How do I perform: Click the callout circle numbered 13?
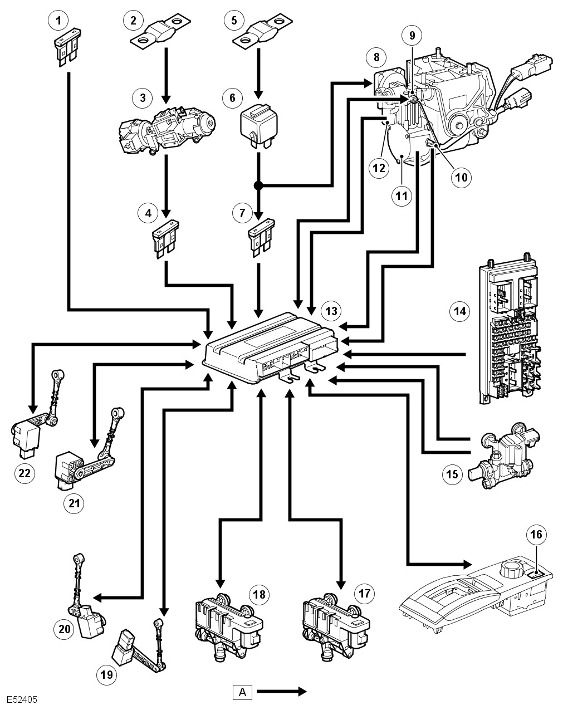click(331, 311)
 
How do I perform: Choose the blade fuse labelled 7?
click(261, 237)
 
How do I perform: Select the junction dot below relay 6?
click(258, 186)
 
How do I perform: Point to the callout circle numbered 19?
click(106, 675)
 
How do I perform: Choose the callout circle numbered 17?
click(364, 594)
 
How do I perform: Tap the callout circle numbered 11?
click(402, 196)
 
